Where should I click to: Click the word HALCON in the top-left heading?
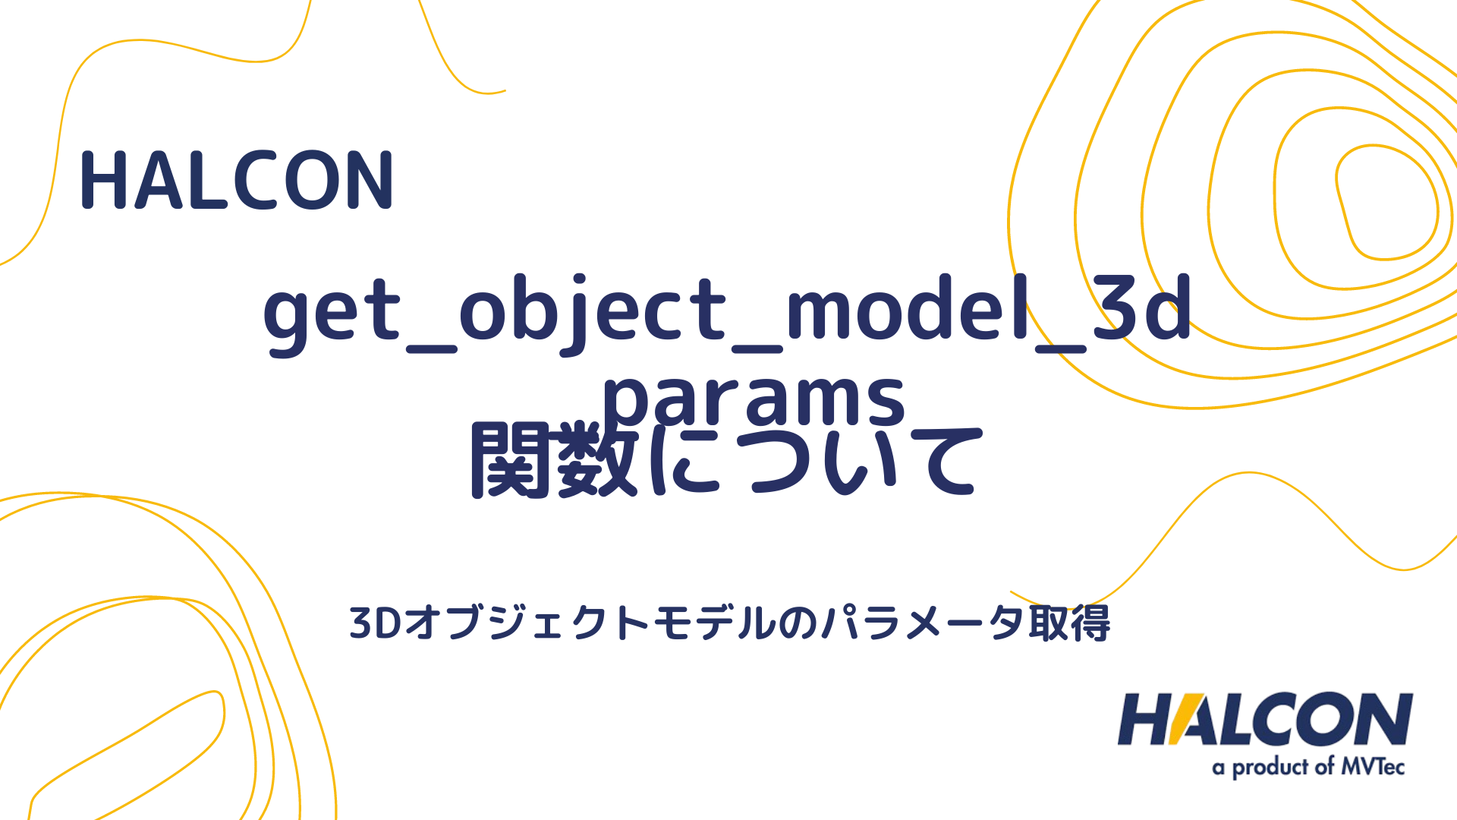coord(237,181)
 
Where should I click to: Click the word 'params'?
coord(754,399)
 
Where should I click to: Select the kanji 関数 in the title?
coord(552,461)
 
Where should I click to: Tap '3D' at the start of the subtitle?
coord(375,623)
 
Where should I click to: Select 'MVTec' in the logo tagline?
coord(1373,767)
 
